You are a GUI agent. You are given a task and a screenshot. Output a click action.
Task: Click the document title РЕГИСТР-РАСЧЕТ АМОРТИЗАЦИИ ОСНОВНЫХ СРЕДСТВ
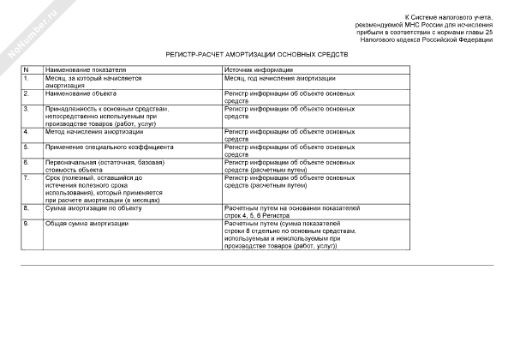[x=257, y=54]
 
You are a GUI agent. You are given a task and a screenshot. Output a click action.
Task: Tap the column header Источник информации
[x=259, y=70]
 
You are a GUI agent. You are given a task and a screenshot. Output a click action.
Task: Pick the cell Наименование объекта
[x=81, y=93]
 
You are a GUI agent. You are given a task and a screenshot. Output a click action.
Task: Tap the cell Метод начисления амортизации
[x=95, y=132]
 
